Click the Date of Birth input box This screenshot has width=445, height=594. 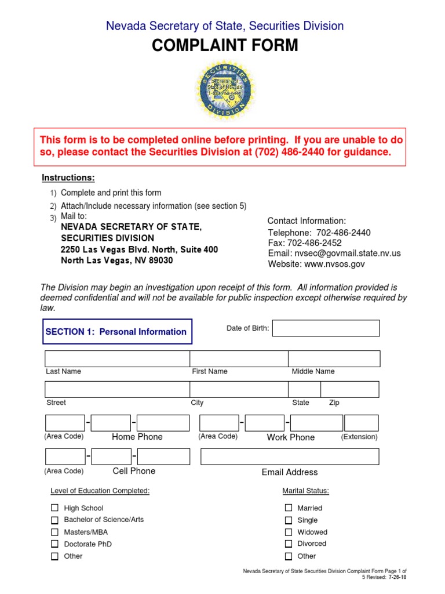click(326, 328)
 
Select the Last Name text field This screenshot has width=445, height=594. click(117, 358)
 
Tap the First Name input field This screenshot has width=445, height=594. click(239, 358)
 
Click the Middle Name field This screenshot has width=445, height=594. click(334, 358)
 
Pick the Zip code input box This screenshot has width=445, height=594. click(349, 389)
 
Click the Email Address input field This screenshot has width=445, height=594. click(289, 457)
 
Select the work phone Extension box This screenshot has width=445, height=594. click(361, 423)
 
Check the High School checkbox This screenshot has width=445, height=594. click(54, 508)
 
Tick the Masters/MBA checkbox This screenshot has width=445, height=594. click(54, 532)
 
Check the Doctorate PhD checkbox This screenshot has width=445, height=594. click(54, 544)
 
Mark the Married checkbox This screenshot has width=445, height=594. click(288, 508)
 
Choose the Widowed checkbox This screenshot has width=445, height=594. click(288, 532)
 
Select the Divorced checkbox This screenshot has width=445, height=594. click(288, 544)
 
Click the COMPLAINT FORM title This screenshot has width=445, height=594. click(225, 46)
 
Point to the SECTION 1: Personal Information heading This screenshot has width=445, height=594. click(116, 332)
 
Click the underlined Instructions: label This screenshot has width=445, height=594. click(68, 178)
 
